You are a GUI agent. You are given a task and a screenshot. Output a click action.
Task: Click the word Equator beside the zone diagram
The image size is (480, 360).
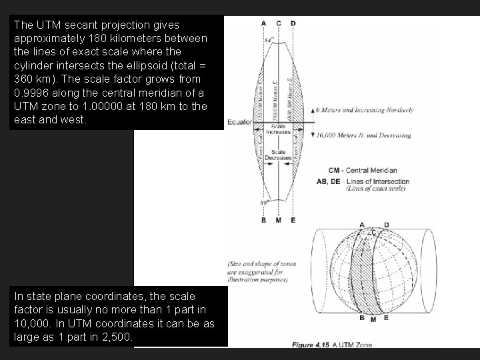pos(240,122)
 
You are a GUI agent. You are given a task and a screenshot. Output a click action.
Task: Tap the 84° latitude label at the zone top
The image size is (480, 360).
pos(269,41)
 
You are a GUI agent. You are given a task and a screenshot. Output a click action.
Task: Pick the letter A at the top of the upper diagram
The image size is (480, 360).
pos(263,23)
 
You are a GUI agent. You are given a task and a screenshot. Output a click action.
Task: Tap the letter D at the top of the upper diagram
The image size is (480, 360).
pos(293,23)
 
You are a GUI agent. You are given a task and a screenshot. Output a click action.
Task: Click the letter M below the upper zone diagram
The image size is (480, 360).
pos(278,220)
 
